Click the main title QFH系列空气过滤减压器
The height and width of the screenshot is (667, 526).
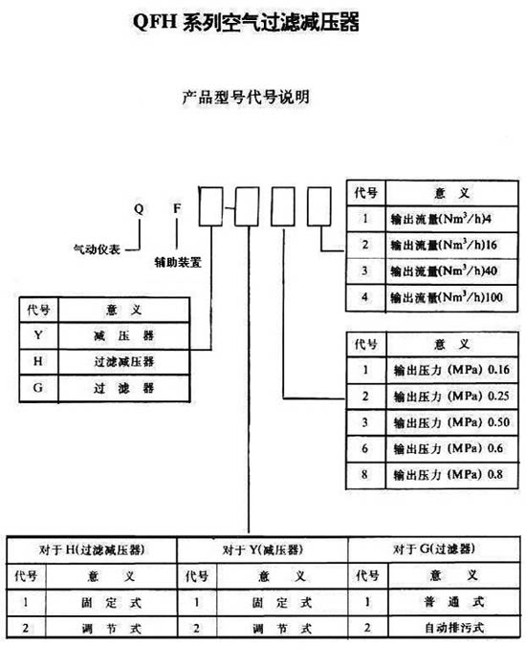[246, 22]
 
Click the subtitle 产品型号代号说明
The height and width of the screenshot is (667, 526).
[246, 97]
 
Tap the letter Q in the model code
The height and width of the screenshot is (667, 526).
[140, 209]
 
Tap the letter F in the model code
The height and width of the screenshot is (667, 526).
[177, 208]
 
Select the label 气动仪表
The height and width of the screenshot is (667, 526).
[97, 249]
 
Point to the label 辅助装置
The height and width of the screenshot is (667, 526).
[178, 262]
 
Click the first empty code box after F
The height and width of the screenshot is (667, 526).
[210, 206]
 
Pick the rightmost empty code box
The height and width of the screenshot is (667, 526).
[319, 206]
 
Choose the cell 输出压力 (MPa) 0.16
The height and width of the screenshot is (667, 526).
[451, 370]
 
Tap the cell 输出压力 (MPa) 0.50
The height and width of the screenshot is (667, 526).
[451, 422]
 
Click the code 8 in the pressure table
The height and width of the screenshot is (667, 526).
[364, 474]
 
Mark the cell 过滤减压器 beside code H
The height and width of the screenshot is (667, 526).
[123, 362]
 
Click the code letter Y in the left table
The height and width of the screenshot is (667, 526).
[38, 335]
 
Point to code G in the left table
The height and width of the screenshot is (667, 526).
[38, 388]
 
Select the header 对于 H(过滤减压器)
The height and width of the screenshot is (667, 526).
[92, 549]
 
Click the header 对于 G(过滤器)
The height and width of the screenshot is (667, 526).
[434, 549]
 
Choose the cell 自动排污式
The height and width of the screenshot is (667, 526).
[454, 628]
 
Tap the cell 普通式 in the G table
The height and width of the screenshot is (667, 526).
[454, 601]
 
